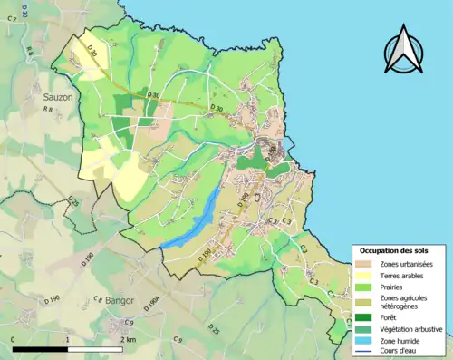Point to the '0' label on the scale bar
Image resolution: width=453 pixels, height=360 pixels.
point(13,339)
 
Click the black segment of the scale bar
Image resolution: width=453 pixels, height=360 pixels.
point(41,349)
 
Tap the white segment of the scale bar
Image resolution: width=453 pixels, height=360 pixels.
point(95,349)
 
